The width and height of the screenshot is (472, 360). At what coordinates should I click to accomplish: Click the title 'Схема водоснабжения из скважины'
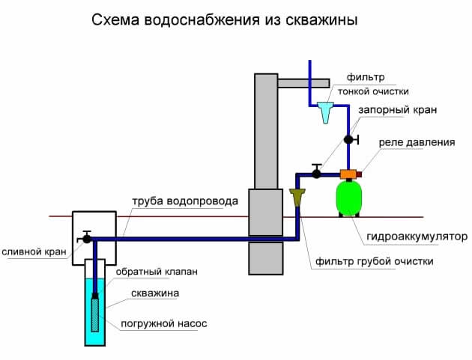pos(225,20)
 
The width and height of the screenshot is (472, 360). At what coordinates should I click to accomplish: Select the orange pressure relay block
pos(348,174)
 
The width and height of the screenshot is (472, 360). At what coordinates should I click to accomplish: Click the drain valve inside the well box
pos(88,237)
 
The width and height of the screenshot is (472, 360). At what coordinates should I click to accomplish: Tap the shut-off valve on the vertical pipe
pos(348,139)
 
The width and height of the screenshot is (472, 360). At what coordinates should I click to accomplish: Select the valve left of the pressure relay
pos(317,173)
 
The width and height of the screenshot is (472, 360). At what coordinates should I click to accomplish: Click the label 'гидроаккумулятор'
pos(417,237)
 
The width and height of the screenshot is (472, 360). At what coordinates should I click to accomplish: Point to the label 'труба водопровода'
pos(185,201)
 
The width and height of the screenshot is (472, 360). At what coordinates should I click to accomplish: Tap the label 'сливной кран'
pos(33,251)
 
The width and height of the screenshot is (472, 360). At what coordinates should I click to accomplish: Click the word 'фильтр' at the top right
pos(365,77)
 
